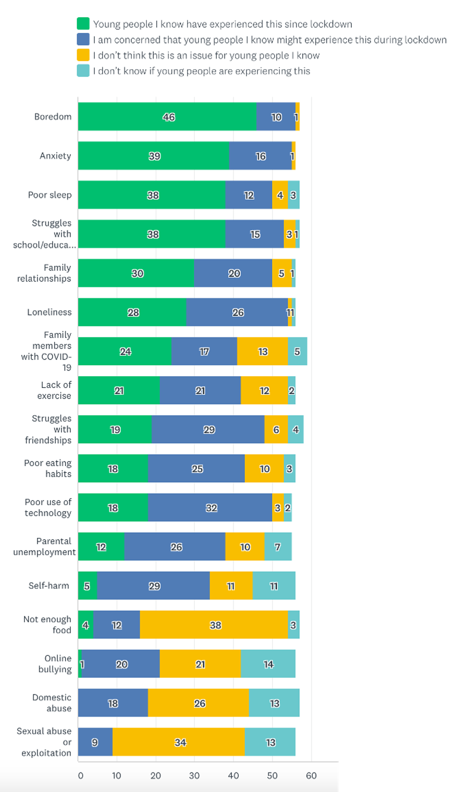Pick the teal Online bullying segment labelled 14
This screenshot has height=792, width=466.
pyautogui.click(x=268, y=664)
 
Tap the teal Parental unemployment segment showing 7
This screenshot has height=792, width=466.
pyautogui.click(x=278, y=547)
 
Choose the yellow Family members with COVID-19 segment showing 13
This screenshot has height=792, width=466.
pyautogui.click(x=262, y=351)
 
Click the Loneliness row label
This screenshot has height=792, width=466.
pyautogui.click(x=49, y=312)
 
